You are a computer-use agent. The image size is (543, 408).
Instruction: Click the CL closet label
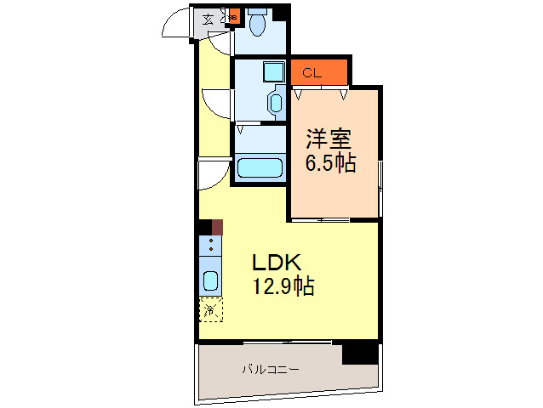[312, 73]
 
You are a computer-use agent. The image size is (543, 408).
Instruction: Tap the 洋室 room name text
[329, 139]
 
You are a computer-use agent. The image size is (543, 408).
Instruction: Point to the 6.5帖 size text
[330, 163]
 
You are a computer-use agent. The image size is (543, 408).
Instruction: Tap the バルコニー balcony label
[270, 370]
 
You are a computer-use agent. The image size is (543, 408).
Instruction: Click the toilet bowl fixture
[258, 25]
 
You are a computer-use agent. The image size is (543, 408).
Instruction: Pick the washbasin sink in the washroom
[275, 102]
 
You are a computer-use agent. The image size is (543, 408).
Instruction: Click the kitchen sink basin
[209, 280]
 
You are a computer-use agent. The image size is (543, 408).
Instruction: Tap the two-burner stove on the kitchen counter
[209, 247]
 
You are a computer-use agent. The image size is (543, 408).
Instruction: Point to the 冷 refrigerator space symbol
[209, 309]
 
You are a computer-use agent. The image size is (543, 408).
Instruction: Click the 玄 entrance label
[209, 18]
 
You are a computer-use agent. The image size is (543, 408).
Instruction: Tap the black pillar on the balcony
[359, 351]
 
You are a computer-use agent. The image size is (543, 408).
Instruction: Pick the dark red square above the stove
[218, 227]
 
